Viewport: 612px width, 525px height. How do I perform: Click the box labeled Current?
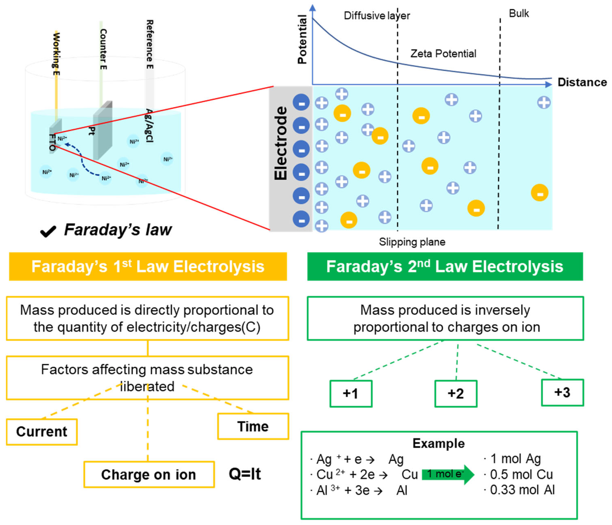(x=42, y=432)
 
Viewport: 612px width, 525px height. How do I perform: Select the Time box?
(x=253, y=426)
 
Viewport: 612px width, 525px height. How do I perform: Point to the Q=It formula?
(x=245, y=474)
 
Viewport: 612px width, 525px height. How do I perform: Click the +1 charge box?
(x=351, y=394)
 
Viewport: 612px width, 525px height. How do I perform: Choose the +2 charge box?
(x=455, y=394)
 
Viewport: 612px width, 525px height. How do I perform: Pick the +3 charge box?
(x=562, y=393)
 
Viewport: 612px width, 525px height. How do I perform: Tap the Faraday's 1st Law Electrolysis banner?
(x=148, y=266)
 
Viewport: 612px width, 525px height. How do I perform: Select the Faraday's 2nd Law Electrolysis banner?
(x=445, y=266)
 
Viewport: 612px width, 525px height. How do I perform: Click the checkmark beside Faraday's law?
(x=48, y=231)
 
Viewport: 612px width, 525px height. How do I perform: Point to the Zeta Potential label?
(x=443, y=54)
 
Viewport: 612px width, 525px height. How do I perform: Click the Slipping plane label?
(x=412, y=242)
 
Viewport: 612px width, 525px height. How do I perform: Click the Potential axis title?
(x=302, y=39)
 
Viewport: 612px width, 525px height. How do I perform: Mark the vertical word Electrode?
(x=281, y=143)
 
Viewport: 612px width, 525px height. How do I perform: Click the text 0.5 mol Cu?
(x=521, y=475)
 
